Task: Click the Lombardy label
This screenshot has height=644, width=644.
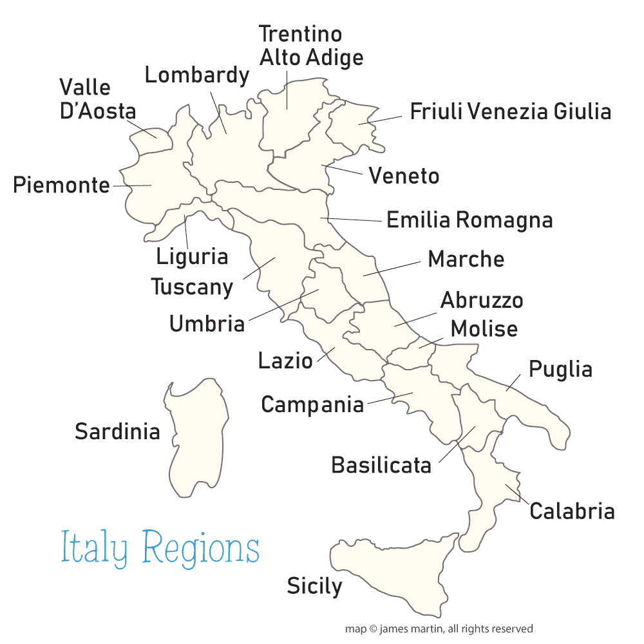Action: [196, 75]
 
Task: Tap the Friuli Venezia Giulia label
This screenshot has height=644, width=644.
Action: [510, 111]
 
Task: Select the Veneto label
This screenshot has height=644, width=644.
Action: [404, 176]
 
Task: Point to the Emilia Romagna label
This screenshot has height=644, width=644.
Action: [469, 220]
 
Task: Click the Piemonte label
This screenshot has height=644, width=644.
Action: [62, 185]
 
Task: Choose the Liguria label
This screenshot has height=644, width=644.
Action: [192, 256]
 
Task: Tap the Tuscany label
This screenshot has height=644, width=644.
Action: [192, 287]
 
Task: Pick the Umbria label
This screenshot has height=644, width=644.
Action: [207, 323]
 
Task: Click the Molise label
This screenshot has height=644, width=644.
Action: [484, 328]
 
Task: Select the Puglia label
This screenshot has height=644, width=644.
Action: [560, 370]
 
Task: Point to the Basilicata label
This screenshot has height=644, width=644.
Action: [381, 465]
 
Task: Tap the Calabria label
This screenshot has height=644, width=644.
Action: [572, 511]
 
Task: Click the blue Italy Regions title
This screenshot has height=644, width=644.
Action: [160, 549]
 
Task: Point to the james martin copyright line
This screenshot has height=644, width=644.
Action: [439, 629]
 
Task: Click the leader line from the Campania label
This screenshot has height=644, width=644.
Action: [389, 399]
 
